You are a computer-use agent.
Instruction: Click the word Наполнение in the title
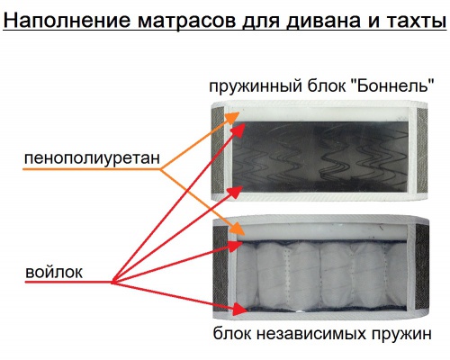(x=67, y=21)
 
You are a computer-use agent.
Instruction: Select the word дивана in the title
(x=323, y=22)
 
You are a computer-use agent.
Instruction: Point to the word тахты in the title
(x=415, y=21)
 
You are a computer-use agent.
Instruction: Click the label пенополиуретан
(x=92, y=158)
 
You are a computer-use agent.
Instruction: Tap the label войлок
(x=54, y=273)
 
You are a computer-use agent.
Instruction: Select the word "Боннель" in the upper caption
(x=392, y=86)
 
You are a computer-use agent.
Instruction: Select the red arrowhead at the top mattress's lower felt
(x=236, y=192)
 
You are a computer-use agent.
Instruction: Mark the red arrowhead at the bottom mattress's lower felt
(x=239, y=309)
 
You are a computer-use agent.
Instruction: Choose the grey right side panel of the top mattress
(x=422, y=150)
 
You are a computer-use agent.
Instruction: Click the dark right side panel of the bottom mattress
(x=422, y=267)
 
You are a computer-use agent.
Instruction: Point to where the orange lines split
(x=161, y=170)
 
